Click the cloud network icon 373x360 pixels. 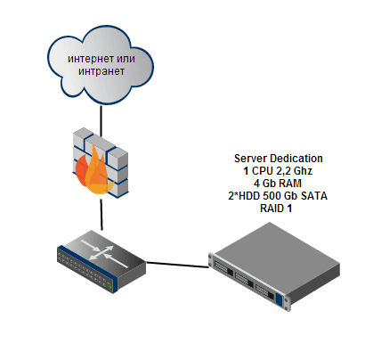(x=101, y=65)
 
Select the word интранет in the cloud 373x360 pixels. (x=101, y=71)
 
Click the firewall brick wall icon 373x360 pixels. (x=101, y=163)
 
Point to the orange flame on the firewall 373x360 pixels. (x=93, y=172)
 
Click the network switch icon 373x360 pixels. (x=101, y=261)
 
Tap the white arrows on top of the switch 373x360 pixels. (x=105, y=253)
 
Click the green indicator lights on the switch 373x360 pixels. (x=109, y=285)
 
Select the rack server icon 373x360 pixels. (x=274, y=266)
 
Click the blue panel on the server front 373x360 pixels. (x=279, y=299)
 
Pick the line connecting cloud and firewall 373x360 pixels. (x=101, y=120)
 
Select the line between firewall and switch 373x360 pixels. (x=101, y=215)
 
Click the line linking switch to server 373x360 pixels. (x=178, y=265)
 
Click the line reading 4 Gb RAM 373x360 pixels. (x=278, y=184)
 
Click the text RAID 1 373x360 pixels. (x=276, y=209)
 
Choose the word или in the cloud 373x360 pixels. (x=126, y=59)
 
